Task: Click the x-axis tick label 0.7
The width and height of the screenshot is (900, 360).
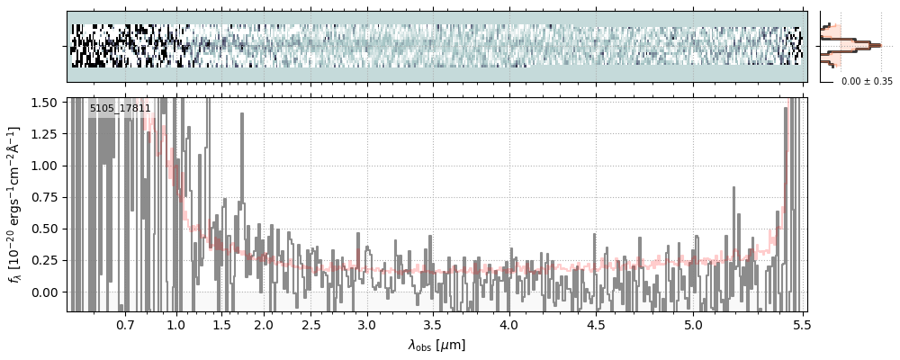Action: click(x=124, y=324)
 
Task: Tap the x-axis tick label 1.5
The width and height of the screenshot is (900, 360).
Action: click(x=221, y=324)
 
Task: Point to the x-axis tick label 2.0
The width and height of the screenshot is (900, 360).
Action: click(x=264, y=324)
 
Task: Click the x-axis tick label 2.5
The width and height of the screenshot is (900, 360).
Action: click(x=310, y=324)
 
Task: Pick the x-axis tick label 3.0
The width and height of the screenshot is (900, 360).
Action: click(x=366, y=324)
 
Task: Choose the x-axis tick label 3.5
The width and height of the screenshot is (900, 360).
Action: click(x=433, y=324)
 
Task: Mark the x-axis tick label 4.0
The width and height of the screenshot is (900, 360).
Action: click(x=508, y=324)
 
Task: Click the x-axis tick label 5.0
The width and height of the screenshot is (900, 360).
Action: click(x=693, y=324)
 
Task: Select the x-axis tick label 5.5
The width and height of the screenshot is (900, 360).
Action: click(x=798, y=324)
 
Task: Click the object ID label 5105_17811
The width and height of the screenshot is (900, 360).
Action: click(x=120, y=109)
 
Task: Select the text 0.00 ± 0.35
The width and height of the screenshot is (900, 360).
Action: click(x=867, y=81)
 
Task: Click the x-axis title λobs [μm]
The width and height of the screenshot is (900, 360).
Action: click(x=436, y=345)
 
